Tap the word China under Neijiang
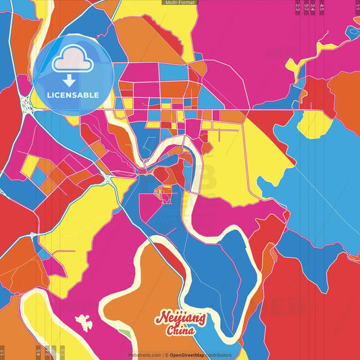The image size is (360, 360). pos(180,331)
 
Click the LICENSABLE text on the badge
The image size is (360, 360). pos(73,95)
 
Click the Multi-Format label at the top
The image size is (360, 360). pos(180,3)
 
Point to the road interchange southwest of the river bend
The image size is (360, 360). pos(109,179)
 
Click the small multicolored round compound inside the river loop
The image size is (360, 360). pos(162,194)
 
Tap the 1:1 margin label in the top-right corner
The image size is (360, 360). pos(356,7)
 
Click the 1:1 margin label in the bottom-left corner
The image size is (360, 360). pos(3,353)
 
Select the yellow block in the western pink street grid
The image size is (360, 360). pos(30,164)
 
